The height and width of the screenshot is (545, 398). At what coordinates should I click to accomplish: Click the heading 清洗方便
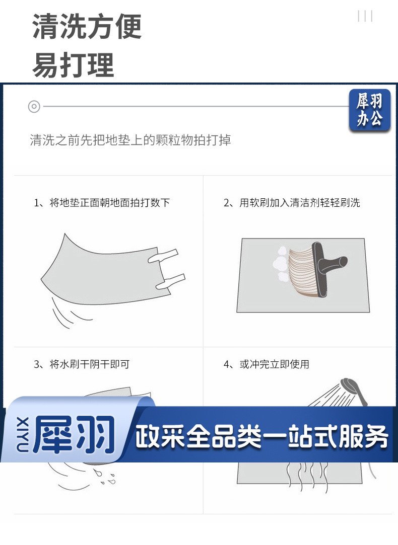[87, 26]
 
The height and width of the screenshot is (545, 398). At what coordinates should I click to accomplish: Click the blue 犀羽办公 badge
[369, 110]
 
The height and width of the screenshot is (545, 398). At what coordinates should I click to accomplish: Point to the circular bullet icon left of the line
[34, 106]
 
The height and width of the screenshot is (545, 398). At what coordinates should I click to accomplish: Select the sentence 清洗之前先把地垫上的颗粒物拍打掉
[130, 140]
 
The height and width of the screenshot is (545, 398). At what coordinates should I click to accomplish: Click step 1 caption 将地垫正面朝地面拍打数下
[110, 203]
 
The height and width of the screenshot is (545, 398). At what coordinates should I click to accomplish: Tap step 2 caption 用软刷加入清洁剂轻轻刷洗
[300, 203]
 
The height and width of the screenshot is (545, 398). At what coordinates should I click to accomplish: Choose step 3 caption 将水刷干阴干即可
[89, 364]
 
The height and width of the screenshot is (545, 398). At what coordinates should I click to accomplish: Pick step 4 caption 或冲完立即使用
[275, 364]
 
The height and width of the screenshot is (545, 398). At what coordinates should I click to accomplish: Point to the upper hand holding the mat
[163, 256]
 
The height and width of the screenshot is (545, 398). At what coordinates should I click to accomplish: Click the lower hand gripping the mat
[170, 281]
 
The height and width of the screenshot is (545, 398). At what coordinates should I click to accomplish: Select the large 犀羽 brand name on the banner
[74, 434]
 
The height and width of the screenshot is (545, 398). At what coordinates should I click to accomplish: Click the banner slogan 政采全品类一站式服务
[261, 436]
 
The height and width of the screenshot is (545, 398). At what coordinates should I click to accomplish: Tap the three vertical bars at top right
[365, 16]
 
